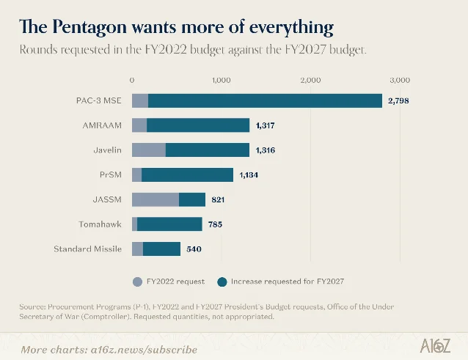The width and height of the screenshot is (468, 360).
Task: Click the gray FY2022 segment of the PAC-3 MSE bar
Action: (140, 100)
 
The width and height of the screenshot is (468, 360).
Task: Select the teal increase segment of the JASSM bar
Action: (192, 199)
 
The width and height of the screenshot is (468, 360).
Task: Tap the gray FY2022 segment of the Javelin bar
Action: (149, 150)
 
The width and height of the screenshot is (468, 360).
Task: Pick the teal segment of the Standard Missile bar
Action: (162, 249)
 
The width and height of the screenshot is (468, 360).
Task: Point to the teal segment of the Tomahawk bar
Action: (170, 224)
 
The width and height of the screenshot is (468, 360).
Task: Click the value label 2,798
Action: (398, 100)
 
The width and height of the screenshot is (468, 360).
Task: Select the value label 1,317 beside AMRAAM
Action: (265, 125)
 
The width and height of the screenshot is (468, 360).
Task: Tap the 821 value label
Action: (218, 199)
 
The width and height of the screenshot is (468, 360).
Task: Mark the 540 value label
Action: (194, 249)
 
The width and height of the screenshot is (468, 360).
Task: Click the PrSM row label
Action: (111, 175)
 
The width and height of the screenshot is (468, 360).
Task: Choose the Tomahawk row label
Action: (100, 224)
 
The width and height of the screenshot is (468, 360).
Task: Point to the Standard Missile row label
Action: (88, 249)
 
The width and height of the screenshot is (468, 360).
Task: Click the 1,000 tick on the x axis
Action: (222, 80)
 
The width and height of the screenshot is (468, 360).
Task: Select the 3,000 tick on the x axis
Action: (400, 80)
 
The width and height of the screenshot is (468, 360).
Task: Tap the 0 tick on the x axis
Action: (132, 80)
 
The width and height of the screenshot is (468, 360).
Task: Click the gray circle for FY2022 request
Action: (137, 282)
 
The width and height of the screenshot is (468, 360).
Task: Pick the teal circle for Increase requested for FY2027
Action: (222, 282)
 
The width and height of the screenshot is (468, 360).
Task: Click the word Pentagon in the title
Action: (89, 27)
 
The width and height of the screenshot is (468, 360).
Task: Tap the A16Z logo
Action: (435, 346)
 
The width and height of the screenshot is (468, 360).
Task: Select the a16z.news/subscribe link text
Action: (144, 350)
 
